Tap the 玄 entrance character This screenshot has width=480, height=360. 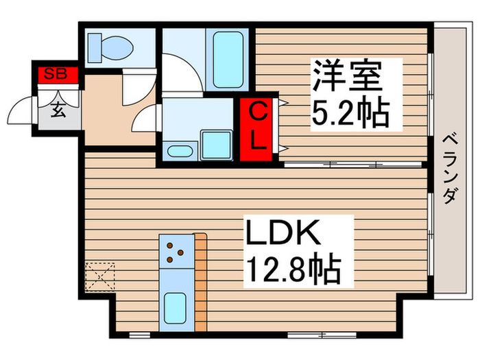pos(58,111)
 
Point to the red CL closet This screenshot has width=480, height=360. pos(258,127)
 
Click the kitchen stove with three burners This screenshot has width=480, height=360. pos(176,252)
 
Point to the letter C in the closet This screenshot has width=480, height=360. pos(257,112)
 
